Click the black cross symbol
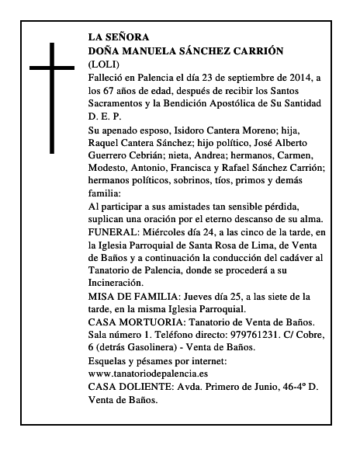pyautogui.click(x=52, y=98)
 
